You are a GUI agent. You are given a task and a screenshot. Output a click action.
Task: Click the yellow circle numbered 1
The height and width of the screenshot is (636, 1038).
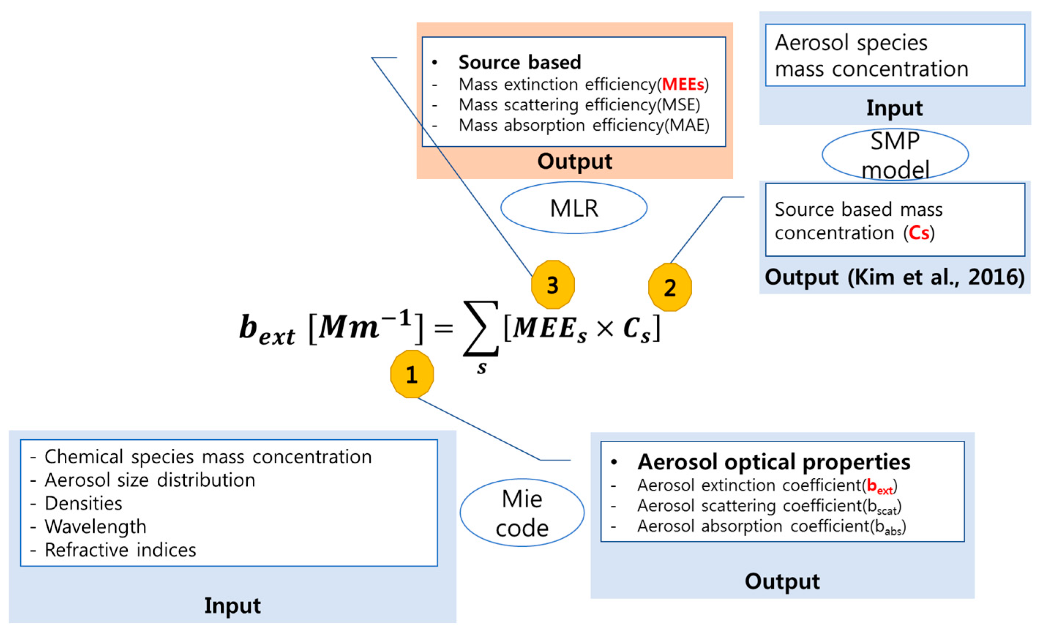pos(412,374)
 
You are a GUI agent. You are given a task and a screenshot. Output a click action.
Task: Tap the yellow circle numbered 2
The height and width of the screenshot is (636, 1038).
pos(670,287)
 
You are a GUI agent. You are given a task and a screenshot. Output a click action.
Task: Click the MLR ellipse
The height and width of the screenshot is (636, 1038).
pos(574,208)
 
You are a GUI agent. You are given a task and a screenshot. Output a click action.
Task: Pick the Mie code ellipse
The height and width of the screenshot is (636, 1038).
pos(522,513)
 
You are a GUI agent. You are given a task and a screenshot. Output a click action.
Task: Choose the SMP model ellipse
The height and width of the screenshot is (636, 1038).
pos(895,155)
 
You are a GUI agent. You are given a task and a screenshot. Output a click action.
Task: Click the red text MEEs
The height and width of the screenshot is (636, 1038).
pos(683,84)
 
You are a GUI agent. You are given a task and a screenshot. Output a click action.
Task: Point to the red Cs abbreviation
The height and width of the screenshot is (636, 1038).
pos(919,233)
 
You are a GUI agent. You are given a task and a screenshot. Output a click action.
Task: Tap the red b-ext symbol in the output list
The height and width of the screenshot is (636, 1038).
pos(880,486)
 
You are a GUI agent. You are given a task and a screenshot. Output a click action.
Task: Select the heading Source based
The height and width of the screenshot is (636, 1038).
pos(520,62)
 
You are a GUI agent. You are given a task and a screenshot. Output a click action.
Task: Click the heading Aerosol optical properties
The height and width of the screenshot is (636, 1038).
pos(773,462)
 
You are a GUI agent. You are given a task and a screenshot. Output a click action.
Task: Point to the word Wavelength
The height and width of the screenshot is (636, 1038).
pos(95,527)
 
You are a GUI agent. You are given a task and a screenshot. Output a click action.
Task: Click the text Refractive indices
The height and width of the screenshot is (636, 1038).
pos(120,550)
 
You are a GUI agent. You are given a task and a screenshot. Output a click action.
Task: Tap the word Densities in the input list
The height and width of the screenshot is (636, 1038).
pos(83,503)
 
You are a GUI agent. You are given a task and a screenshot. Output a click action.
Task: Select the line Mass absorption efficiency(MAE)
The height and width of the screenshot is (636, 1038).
pos(584,125)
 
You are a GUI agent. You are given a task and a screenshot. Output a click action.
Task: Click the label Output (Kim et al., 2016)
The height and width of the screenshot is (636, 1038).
pos(894,277)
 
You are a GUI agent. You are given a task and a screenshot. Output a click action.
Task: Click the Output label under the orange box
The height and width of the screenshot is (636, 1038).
pos(574,161)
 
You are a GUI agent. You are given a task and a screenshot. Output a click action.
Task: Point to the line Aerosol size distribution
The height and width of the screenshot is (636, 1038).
pos(150,480)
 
